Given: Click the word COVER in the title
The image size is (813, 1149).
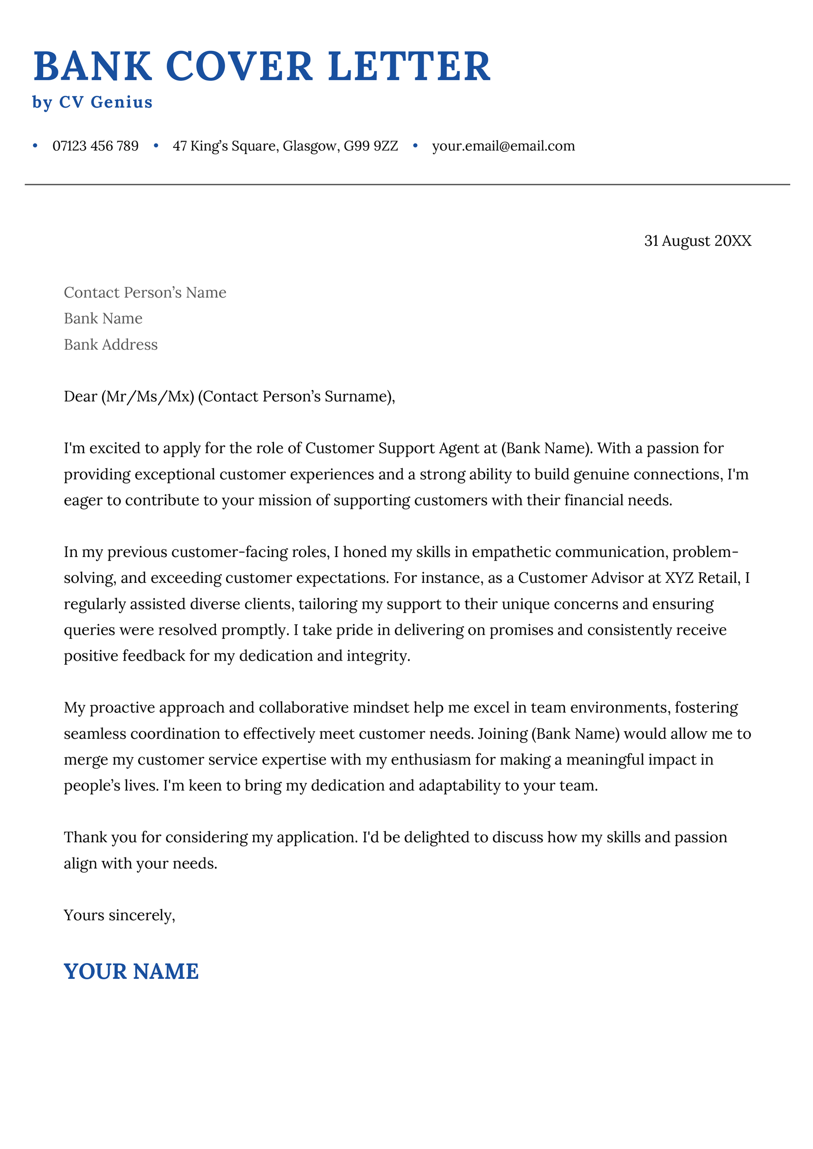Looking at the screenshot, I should click(239, 67).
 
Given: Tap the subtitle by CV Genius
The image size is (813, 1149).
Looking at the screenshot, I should click(92, 102).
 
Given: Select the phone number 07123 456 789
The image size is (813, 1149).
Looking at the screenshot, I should click(95, 146).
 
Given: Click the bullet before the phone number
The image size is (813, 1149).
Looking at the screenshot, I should click(35, 146).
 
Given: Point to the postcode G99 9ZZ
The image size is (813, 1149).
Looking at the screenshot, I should click(370, 146).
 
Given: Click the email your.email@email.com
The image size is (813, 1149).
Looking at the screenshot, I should click(503, 146).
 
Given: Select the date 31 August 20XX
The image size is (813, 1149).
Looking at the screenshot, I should click(697, 241).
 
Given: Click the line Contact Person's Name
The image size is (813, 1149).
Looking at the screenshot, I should click(145, 292).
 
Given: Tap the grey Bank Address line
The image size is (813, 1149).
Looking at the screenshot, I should click(111, 345).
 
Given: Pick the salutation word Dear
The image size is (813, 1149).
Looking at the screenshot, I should click(80, 397).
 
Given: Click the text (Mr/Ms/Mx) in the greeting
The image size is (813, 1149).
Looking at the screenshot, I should click(148, 397).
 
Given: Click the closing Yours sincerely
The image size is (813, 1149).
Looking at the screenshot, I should click(119, 915).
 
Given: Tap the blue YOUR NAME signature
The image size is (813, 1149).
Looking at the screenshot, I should click(131, 972).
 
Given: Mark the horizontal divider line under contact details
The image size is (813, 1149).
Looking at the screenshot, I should click(407, 185).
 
